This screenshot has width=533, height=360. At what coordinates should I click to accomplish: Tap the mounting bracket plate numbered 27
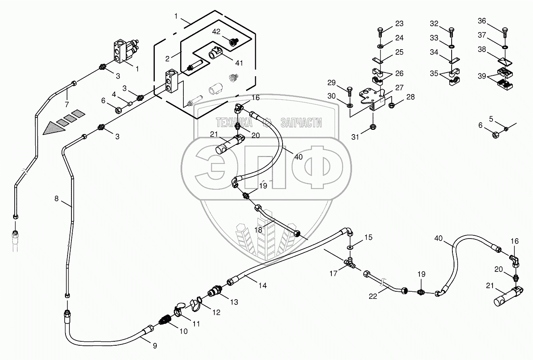point(371,96)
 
